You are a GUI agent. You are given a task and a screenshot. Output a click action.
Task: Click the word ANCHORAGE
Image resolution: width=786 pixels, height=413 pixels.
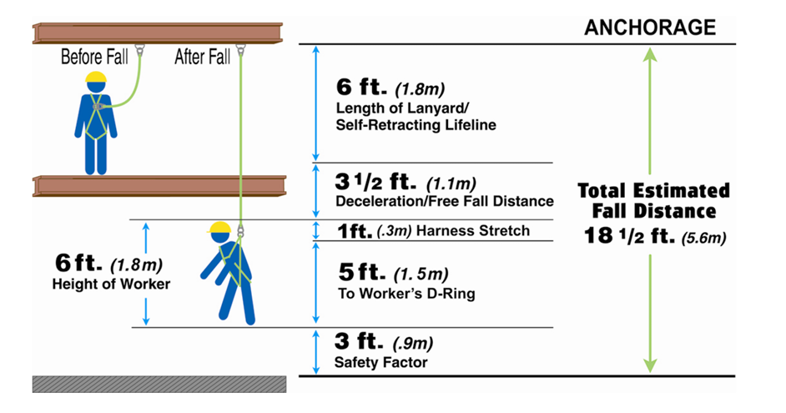point(650,27)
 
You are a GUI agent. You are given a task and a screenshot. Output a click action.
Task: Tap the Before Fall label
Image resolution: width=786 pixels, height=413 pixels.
point(94,57)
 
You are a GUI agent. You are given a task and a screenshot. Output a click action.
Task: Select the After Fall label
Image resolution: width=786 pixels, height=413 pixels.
point(203,57)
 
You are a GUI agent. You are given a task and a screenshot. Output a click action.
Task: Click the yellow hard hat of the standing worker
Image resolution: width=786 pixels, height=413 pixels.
point(96,77)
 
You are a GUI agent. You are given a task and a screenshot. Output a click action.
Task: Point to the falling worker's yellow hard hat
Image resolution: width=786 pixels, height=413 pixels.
point(219,228)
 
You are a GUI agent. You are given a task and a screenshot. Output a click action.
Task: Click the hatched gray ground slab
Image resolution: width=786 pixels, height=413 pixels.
point(159,384)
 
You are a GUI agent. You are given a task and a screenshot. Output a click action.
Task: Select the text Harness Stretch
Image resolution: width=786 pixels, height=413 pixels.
point(473,230)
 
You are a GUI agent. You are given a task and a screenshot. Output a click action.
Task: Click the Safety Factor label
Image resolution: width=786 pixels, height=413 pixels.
point(381,362)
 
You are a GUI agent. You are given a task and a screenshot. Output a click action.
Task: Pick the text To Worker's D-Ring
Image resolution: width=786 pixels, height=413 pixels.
point(406,293)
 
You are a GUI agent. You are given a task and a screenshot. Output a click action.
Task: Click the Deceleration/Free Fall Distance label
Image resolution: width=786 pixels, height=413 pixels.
point(445,201)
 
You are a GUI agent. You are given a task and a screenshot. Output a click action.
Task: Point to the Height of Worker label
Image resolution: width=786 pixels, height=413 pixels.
point(111,285)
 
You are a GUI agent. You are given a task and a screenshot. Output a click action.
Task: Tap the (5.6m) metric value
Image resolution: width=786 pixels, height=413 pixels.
point(703,237)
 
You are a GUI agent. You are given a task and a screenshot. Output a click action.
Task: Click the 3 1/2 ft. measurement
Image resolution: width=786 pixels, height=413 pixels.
point(375,181)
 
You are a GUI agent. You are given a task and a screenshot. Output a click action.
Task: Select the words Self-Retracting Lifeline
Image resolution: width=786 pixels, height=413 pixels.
point(416,125)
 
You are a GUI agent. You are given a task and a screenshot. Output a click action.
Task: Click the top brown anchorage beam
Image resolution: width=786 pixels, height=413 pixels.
point(158,33)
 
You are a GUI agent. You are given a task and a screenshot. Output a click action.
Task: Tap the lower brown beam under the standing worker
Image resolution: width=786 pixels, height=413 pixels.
point(159,185)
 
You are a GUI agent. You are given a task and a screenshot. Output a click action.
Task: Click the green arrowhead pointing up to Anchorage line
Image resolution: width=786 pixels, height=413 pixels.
point(650,54)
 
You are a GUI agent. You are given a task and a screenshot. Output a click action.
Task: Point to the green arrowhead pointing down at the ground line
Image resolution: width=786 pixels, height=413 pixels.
point(650,365)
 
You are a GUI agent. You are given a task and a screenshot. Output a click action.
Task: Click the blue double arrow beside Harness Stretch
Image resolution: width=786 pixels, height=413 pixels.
point(315,230)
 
